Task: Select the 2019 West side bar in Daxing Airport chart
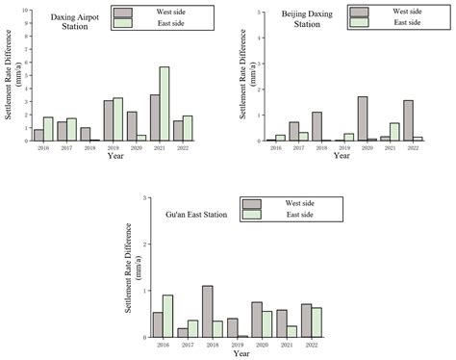click(x=109, y=120)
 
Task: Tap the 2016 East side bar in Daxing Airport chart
click(x=48, y=129)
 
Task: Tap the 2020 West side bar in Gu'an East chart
click(x=257, y=320)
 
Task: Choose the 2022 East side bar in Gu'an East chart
click(x=317, y=322)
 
